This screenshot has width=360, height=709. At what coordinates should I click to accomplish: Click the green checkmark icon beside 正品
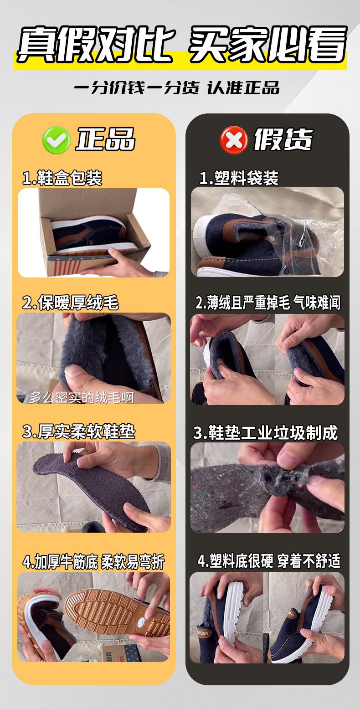[57, 139]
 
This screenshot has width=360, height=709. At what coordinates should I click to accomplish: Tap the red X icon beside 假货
[233, 139]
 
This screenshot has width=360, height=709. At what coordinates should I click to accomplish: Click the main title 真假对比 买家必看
[180, 44]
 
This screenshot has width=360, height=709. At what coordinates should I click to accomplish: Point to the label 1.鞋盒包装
[62, 178]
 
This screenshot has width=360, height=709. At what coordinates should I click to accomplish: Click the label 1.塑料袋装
[239, 178]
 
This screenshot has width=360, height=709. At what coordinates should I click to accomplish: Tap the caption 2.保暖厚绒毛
[71, 303]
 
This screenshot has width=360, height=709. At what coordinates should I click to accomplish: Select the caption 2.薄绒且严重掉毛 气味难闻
[267, 303]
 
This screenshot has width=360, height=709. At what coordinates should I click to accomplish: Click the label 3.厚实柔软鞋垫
[79, 432]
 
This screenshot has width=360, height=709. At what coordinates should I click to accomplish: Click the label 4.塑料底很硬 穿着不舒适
[269, 561]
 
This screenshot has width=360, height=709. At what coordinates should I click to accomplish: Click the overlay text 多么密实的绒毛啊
[82, 397]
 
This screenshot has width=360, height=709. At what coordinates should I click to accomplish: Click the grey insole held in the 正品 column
[87, 488]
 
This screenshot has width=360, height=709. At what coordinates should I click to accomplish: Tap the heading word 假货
[283, 139]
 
